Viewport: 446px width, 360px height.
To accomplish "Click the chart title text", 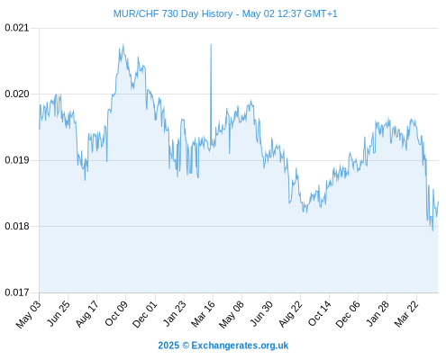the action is tap(225, 13).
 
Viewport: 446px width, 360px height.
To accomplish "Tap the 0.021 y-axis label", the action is tap(17, 28).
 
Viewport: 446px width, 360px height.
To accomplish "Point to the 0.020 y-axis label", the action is tap(17, 94).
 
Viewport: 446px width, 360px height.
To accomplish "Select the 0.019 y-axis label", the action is tap(17, 160).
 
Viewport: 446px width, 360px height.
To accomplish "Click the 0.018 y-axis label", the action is tap(17, 226).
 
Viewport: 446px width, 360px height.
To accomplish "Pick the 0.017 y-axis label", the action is tap(17, 292).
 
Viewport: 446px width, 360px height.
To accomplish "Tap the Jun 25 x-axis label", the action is tap(59, 313).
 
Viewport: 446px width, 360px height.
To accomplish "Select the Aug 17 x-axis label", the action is tap(86, 314).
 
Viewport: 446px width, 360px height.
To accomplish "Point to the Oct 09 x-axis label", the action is tap(116, 313).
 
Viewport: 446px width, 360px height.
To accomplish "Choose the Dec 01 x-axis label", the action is tap(145, 314).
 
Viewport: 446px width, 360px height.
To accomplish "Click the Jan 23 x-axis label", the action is tap(175, 313).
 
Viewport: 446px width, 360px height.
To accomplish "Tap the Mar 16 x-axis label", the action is tap(203, 314).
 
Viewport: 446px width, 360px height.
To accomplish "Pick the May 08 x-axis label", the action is tap(232, 314).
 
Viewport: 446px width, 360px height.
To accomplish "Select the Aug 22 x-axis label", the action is tap(290, 314).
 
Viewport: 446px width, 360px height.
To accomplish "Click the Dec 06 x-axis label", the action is tap(348, 314).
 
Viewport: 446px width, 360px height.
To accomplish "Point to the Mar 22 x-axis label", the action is tap(406, 314).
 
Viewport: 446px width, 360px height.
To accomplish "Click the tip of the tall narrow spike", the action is tap(211, 44).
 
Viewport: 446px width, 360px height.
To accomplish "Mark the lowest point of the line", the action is tap(432, 230).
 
